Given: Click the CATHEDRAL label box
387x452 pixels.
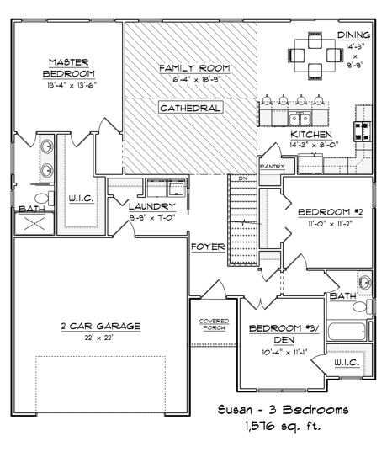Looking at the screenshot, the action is pyautogui.click(x=190, y=108).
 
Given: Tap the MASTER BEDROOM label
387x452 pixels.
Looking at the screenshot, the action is pyautogui.click(x=69, y=68).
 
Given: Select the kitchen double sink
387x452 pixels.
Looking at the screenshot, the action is pyautogui.click(x=300, y=119).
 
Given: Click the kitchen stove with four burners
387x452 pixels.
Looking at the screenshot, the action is pyautogui.click(x=363, y=131).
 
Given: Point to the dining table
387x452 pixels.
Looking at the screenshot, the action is pyautogui.click(x=315, y=56).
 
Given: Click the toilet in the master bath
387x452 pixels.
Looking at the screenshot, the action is pyautogui.click(x=45, y=199).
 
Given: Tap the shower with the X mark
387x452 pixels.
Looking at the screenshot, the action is pyautogui.click(x=34, y=223).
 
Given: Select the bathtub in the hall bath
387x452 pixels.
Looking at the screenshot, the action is pyautogui.click(x=347, y=332).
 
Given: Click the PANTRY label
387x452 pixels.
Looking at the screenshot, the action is pyautogui.click(x=273, y=167).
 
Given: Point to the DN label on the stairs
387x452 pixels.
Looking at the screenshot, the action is pyautogui.click(x=243, y=178).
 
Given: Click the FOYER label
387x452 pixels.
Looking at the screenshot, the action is pyautogui.click(x=208, y=247).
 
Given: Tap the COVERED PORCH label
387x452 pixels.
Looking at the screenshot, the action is pyautogui.click(x=214, y=324).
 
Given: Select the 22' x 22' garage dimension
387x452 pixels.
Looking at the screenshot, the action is pyautogui.click(x=98, y=338).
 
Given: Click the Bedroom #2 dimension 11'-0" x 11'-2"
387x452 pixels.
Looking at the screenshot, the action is pyautogui.click(x=331, y=223).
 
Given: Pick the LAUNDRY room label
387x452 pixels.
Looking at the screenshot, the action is pyautogui.click(x=152, y=206).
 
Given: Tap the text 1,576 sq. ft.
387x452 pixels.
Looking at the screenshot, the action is pyautogui.click(x=283, y=425).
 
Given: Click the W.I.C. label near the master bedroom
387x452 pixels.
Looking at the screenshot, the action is pyautogui.click(x=82, y=199).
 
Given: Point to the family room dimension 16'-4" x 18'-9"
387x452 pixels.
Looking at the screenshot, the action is pyautogui.click(x=195, y=79).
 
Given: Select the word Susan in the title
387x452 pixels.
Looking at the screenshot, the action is pyautogui.click(x=235, y=410).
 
